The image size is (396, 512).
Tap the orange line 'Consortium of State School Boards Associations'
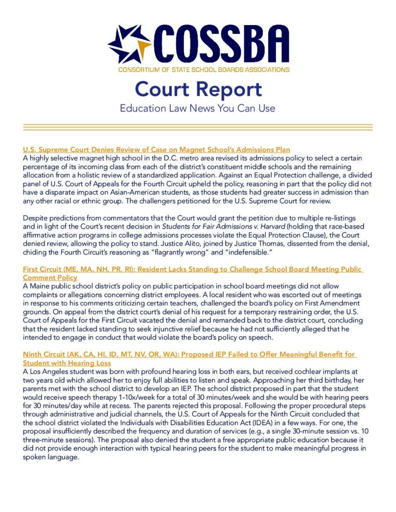click(x=204, y=69)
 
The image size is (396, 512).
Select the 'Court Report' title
click(x=198, y=89)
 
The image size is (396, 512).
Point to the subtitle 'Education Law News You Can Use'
click(x=197, y=108)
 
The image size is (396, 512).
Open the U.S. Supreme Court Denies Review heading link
click(x=157, y=149)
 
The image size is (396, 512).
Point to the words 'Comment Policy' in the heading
click(x=50, y=277)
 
